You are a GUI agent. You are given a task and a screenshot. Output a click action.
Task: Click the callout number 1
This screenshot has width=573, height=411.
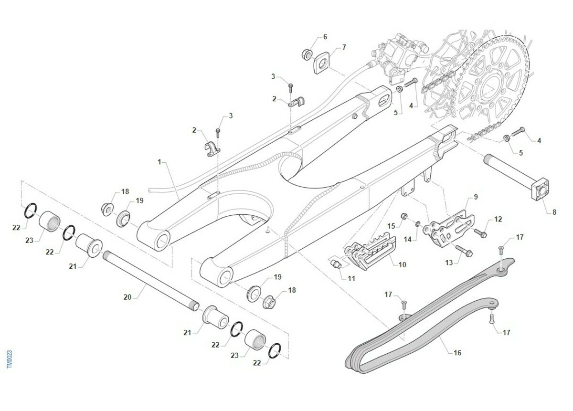click(159, 162)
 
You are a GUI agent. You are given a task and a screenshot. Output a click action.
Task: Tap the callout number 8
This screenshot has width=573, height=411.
click(554, 212)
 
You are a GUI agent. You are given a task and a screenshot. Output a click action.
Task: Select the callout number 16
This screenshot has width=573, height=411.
click(457, 353)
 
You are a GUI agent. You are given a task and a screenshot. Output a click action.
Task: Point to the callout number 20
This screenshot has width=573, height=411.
click(127, 297)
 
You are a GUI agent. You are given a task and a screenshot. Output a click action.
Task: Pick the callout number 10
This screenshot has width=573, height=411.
click(402, 264)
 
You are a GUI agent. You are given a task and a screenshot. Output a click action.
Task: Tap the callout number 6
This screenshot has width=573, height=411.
click(325, 37)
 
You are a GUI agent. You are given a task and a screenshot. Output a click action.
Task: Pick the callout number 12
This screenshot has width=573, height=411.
click(498, 220)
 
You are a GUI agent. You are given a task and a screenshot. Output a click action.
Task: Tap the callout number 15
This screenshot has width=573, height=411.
click(391, 225)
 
